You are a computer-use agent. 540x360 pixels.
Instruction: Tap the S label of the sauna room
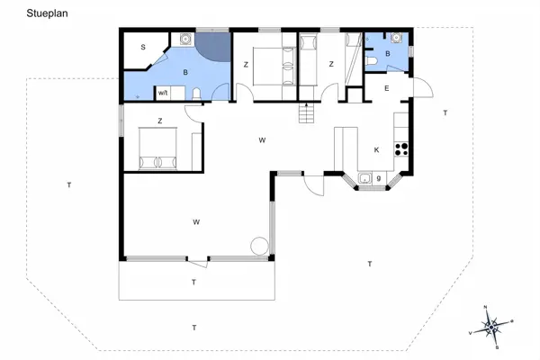[142, 47]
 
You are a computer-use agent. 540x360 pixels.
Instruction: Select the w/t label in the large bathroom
[164, 92]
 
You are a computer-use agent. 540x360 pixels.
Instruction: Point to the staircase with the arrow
[307, 113]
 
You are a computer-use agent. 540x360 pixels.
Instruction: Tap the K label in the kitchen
[376, 149]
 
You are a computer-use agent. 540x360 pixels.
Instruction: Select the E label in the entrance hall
[386, 88]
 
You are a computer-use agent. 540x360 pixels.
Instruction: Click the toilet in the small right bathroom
[373, 61]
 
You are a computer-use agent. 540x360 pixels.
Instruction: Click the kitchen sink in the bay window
[364, 179]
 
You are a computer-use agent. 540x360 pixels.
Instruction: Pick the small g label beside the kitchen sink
[379, 178]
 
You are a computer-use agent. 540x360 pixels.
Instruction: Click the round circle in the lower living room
[260, 244]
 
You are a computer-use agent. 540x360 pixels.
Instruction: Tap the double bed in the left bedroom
[159, 148]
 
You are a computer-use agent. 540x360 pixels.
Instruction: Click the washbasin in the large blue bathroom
[184, 39]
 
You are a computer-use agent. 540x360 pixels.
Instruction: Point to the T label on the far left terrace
[68, 185]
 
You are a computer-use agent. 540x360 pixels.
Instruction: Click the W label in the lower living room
[195, 220]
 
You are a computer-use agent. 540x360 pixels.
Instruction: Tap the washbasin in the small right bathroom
[394, 39]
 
